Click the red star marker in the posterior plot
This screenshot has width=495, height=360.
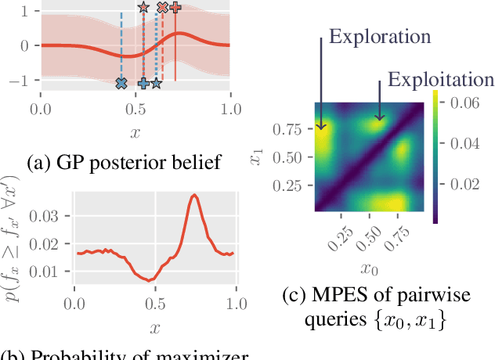coord(143,7)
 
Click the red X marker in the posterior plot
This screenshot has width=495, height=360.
coord(162,7)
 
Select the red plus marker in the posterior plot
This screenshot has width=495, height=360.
coord(175,7)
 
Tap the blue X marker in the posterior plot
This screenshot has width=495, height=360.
coord(121,83)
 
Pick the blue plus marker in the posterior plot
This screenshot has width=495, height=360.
coord(143,83)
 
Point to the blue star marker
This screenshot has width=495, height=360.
coord(156,83)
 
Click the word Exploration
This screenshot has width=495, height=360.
coord(380,37)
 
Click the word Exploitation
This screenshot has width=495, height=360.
coord(441,80)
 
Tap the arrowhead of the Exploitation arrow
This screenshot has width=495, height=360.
coord(378,120)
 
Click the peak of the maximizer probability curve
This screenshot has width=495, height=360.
coord(194,196)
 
